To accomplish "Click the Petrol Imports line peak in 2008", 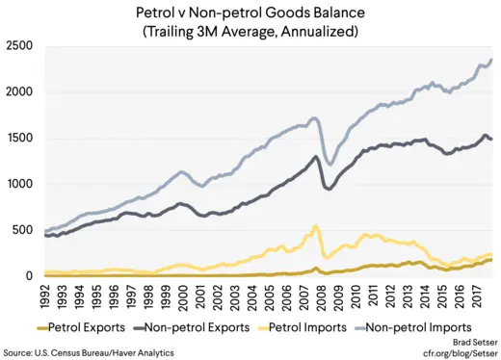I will click(316, 227).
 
